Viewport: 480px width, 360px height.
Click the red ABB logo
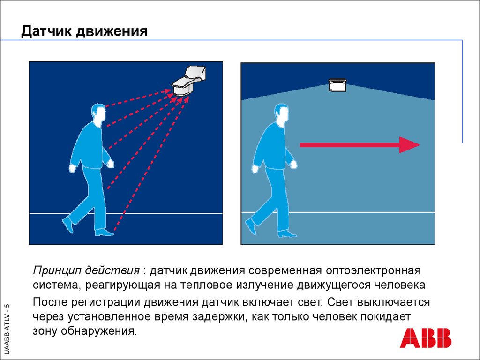coord(426,338)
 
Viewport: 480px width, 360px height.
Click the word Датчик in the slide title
coord(46,31)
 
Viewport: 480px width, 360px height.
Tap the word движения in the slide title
coord(112,32)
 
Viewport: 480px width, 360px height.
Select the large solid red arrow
coord(360,145)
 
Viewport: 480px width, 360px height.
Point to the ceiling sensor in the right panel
coord(337,85)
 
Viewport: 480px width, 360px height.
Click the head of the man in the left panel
coord(99,114)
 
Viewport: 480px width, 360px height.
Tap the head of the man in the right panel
coord(282,114)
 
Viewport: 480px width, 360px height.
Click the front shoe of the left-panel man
coord(105,232)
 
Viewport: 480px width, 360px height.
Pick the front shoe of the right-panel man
coord(287,233)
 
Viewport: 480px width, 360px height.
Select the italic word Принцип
coord(57,271)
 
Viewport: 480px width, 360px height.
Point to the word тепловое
coord(206,285)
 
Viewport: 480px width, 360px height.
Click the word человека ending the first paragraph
coord(401,285)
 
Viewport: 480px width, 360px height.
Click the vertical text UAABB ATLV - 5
coord(7,329)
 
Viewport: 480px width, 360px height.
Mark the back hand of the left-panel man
coord(73,168)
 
